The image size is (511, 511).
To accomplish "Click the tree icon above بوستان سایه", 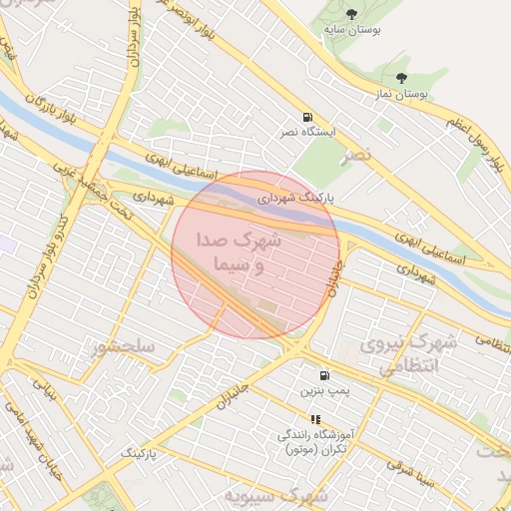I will click(350, 13).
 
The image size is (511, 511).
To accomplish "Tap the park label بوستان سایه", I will click(350, 30).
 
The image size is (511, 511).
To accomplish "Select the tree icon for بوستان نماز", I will click(401, 78).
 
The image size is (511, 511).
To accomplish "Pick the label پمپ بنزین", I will click(325, 392).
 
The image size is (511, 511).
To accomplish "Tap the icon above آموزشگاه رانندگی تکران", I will click(315, 419).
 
